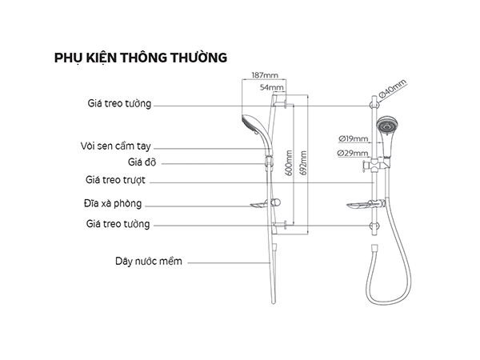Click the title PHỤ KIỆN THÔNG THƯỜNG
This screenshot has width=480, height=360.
coord(140,58)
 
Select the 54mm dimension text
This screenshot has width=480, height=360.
coord(273,86)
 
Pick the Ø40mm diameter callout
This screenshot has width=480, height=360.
coord(394,89)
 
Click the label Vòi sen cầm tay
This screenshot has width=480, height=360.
coord(116,146)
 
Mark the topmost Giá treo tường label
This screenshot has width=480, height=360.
coord(118,103)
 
